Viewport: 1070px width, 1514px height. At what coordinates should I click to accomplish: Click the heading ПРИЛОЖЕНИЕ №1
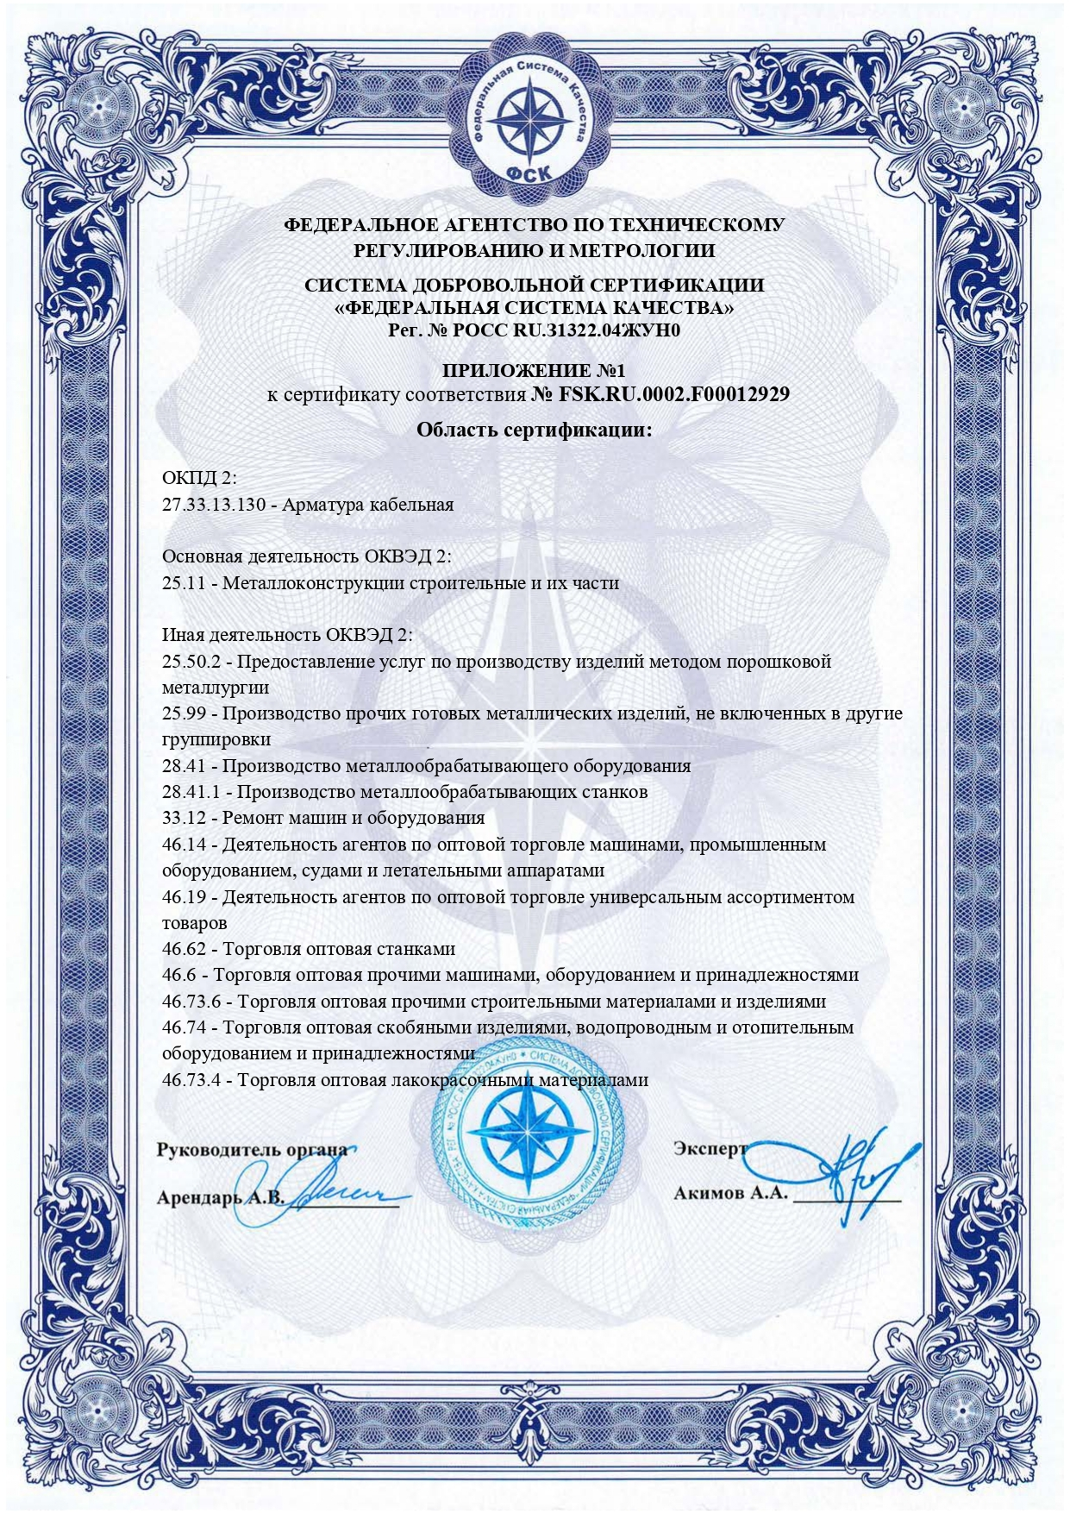coord(533,371)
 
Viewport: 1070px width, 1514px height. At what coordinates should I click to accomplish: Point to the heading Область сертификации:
coord(534,430)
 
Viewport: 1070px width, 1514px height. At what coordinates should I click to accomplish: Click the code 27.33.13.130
coord(214,505)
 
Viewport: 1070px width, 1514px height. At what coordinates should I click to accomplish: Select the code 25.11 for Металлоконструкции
coord(184,583)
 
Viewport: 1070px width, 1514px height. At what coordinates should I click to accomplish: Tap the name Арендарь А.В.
coord(220,1198)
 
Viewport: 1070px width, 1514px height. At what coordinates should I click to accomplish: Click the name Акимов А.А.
coord(730,1194)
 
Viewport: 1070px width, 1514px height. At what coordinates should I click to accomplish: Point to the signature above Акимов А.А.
coord(836,1173)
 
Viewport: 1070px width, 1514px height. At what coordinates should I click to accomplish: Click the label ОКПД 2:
coord(198,479)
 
